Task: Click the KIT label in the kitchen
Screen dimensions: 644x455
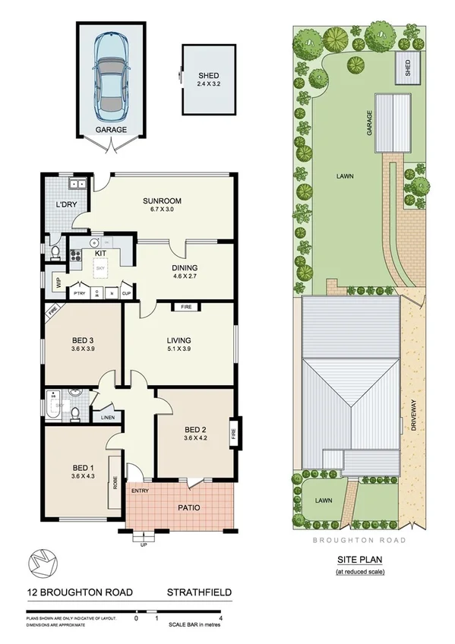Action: [x=100, y=252]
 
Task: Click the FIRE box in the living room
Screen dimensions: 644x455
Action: [x=185, y=308]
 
